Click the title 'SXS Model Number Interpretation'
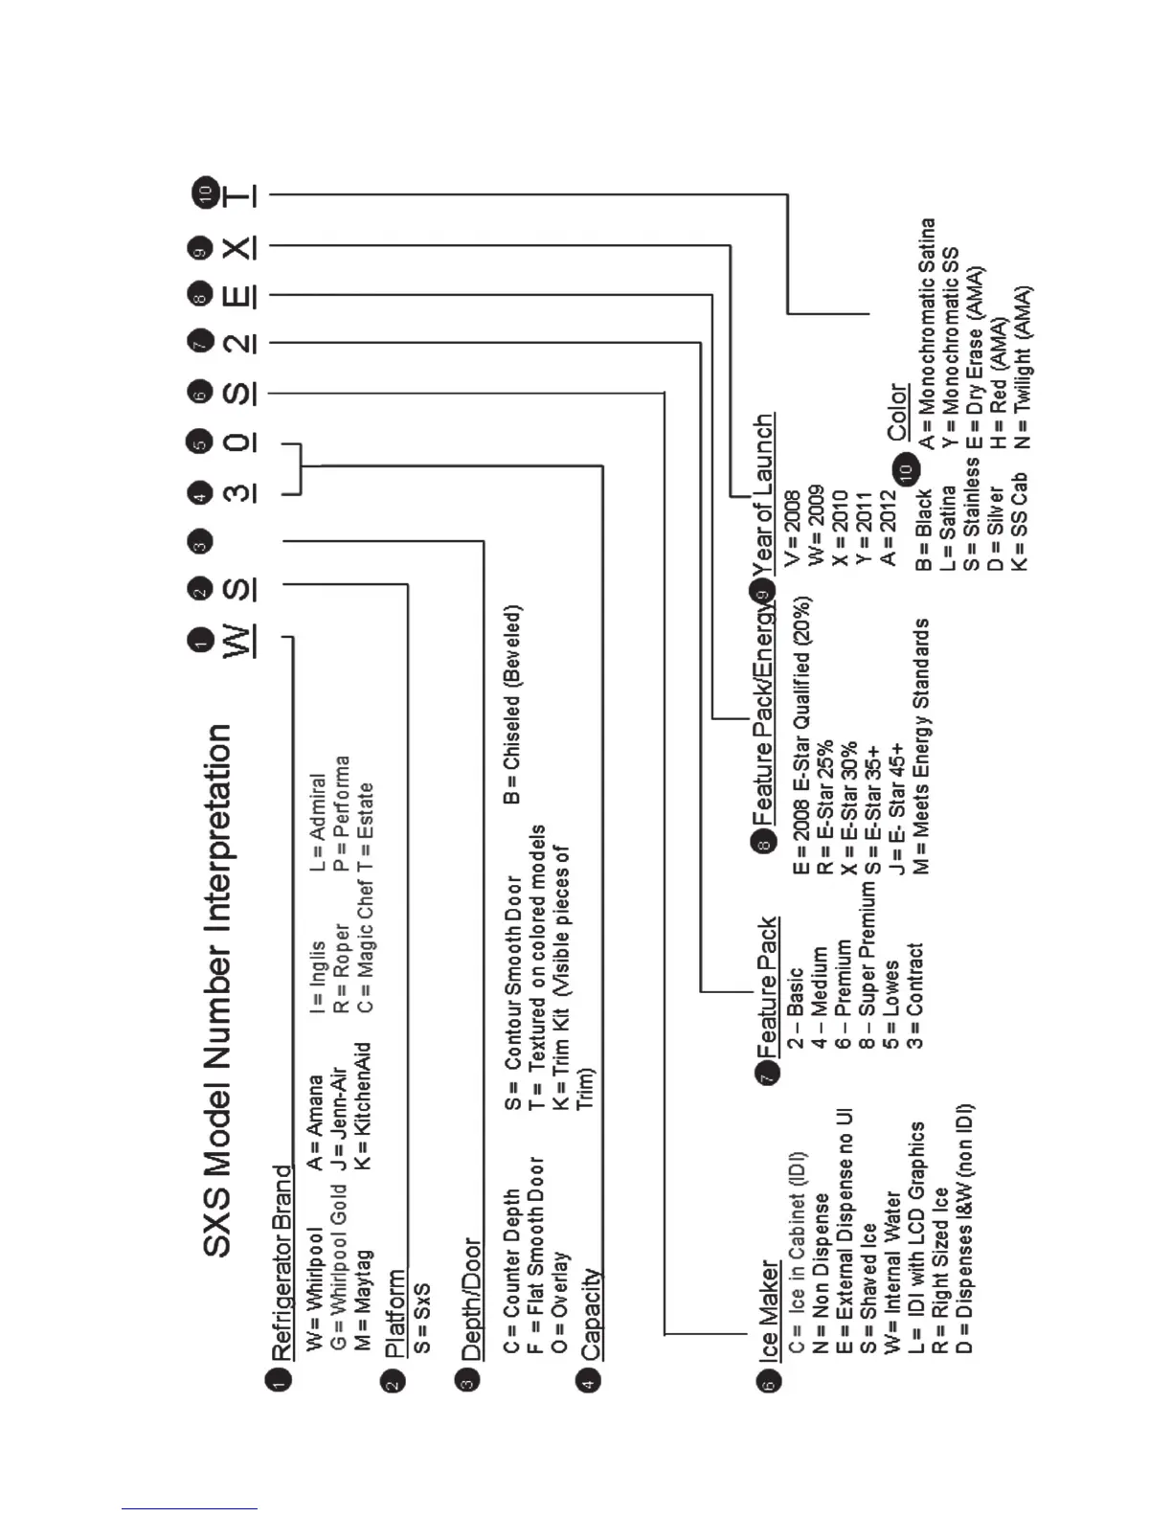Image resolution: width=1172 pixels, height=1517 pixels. pos(218,990)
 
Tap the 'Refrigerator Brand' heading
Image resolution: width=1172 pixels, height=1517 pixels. pos(281,1263)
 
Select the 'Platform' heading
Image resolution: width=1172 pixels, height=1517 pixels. pos(394,1313)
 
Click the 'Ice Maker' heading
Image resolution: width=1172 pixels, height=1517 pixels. pos(769,1310)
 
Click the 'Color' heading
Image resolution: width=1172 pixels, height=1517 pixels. pos(897,412)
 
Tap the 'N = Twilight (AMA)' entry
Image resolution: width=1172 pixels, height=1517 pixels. pos(1022,367)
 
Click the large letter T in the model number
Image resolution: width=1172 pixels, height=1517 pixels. pos(238,195)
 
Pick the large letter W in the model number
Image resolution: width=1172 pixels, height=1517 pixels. pos(238,640)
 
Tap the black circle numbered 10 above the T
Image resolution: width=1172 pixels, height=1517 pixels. pos(204,192)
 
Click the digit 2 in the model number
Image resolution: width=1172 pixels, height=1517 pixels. pos(238,342)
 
